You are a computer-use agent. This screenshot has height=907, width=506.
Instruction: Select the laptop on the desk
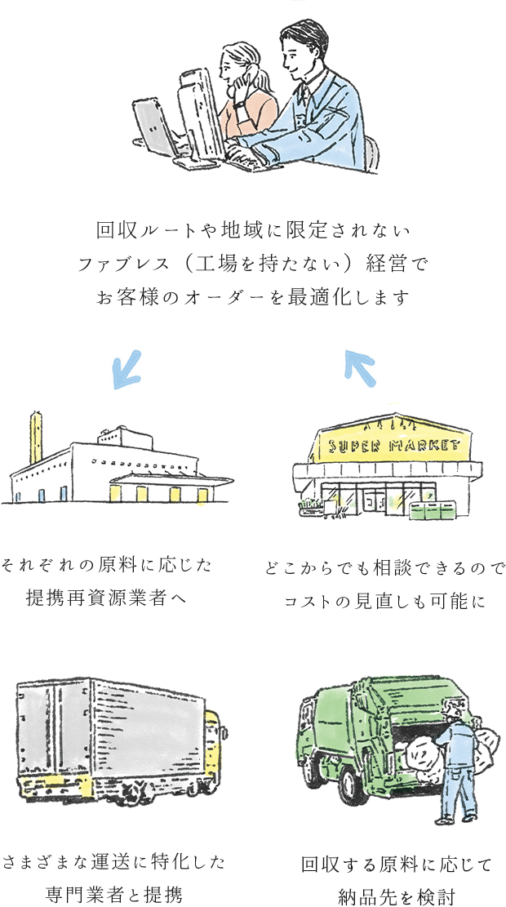(x=154, y=127)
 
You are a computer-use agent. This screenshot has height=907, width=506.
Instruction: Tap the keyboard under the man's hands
(x=245, y=159)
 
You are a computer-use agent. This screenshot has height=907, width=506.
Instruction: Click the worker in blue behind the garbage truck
(x=458, y=763)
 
